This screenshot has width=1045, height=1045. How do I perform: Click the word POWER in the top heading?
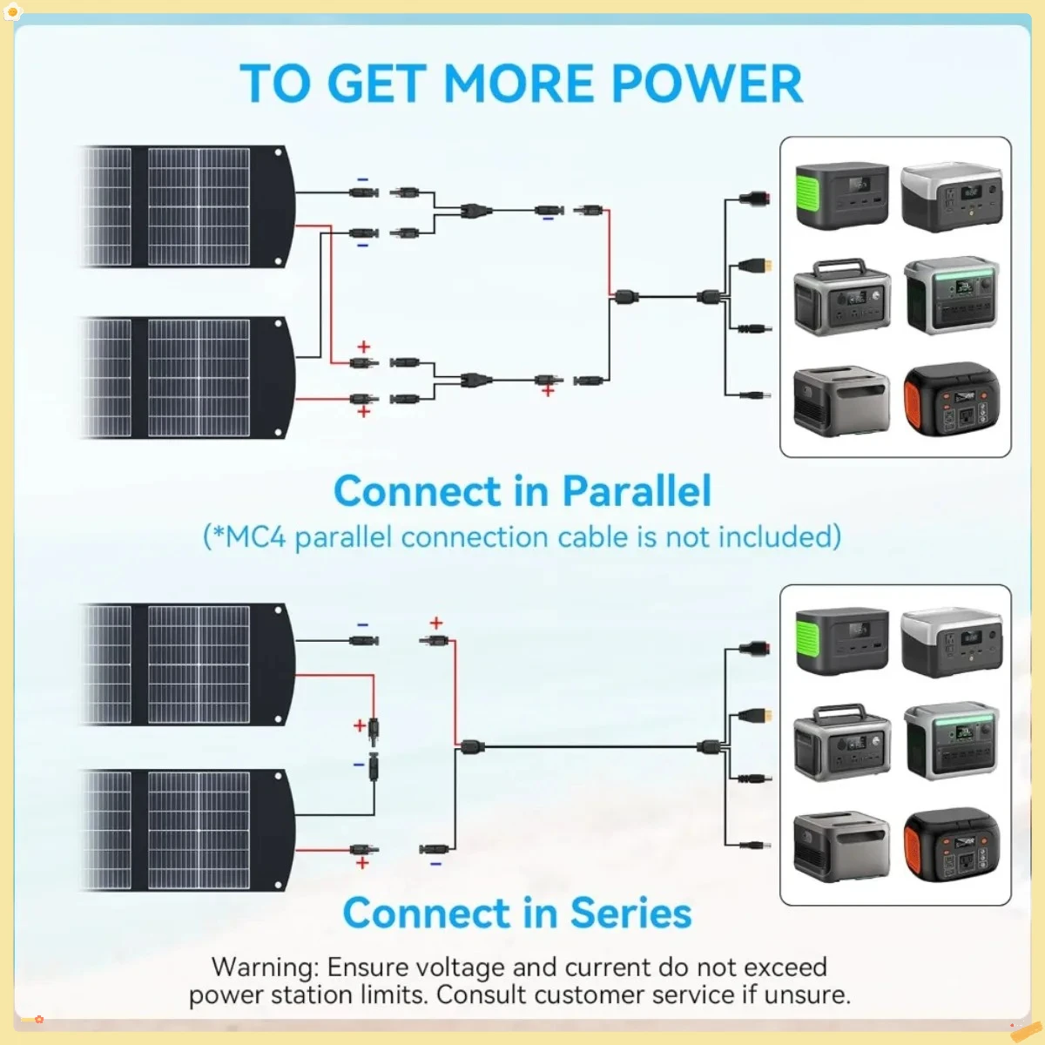coord(707,84)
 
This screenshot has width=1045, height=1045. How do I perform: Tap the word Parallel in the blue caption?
coord(637,491)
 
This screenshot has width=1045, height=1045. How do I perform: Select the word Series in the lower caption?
coord(631,913)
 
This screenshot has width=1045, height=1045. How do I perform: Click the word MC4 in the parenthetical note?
coord(255,537)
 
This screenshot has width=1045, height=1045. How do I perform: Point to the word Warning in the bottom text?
coord(265,967)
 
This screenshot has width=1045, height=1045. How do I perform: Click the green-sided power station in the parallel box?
coord(841,195)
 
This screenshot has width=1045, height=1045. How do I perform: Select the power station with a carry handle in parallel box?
coord(841,298)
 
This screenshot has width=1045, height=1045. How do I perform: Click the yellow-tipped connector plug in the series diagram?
coord(756,715)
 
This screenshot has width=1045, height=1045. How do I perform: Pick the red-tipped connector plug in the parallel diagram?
coord(755,198)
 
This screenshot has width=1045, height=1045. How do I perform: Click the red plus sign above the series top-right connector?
coord(436,624)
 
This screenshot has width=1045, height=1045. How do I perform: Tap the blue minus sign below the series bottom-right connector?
coord(435,864)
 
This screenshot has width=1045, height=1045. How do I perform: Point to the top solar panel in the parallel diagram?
coord(187,206)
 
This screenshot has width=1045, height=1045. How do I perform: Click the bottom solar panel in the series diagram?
coord(187,831)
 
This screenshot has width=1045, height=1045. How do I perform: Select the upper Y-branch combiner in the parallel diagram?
coord(476,211)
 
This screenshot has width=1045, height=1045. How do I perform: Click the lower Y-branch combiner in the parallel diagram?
coord(476,381)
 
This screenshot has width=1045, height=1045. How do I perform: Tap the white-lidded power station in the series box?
coord(952,642)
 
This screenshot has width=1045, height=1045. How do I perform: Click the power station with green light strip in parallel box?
coord(952,295)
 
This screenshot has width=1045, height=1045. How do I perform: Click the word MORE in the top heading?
coord(519,84)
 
